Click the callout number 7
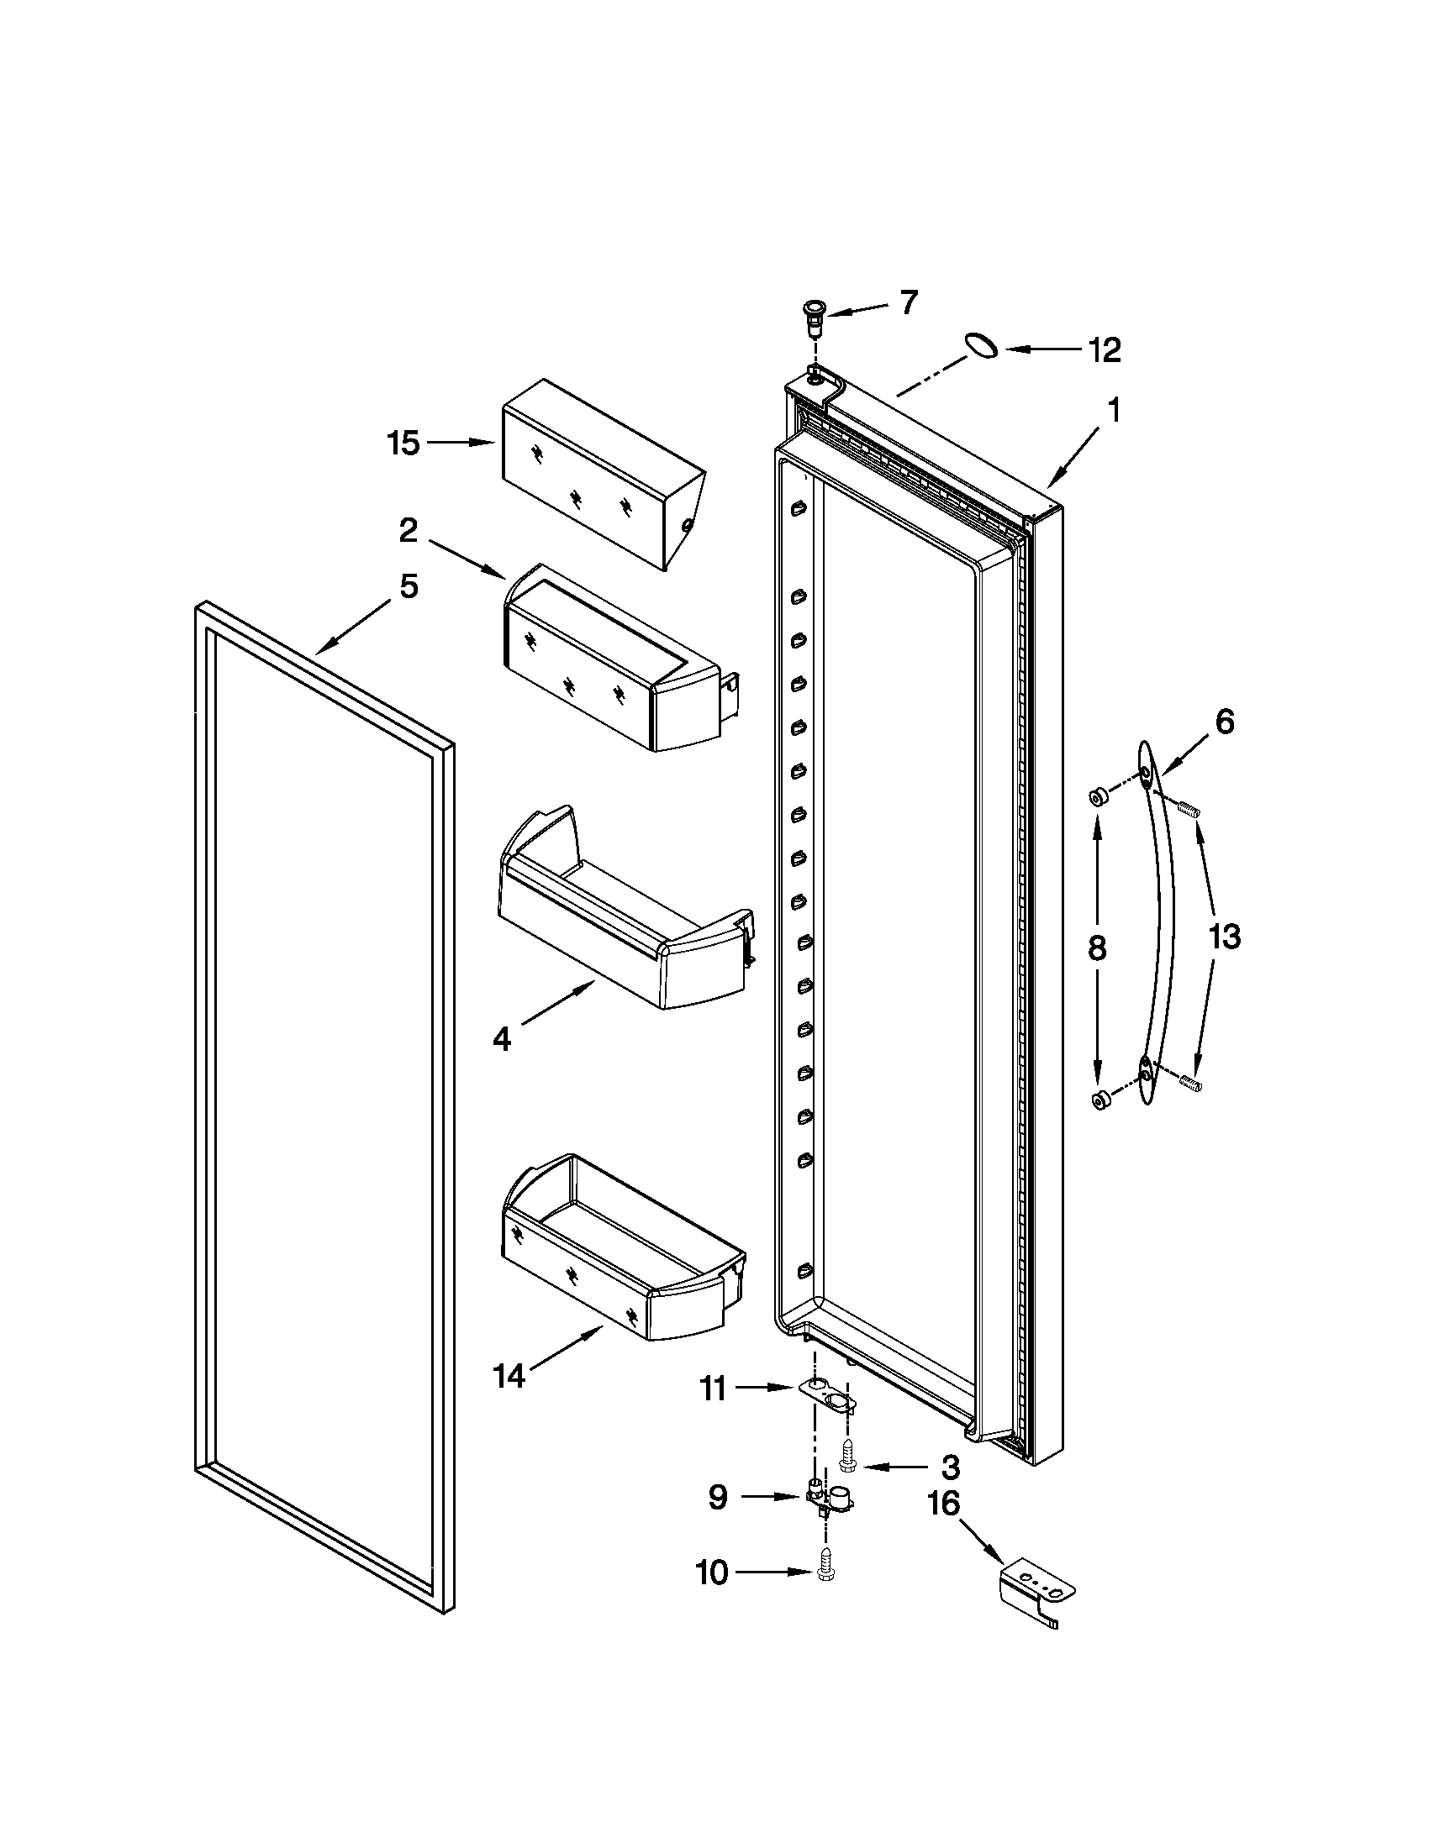click(x=908, y=302)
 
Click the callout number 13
click(x=1224, y=937)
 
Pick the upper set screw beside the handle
click(x=1189, y=810)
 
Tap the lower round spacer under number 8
click(x=1100, y=1101)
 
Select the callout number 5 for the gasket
click(x=409, y=585)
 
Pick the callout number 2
click(x=408, y=531)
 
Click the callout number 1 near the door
click(x=1115, y=411)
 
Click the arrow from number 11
click(x=764, y=1388)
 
